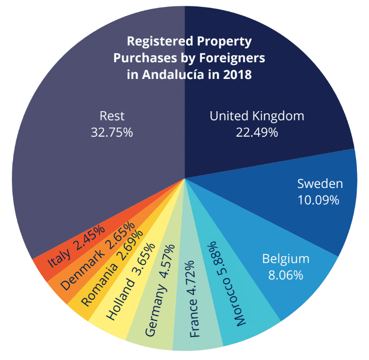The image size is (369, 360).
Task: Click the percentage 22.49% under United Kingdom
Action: [x=257, y=132]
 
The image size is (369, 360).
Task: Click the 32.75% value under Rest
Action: [x=112, y=132]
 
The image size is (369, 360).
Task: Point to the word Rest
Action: [x=112, y=116]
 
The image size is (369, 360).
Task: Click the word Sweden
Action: [x=320, y=183]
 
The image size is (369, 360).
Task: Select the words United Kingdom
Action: [x=257, y=116]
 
